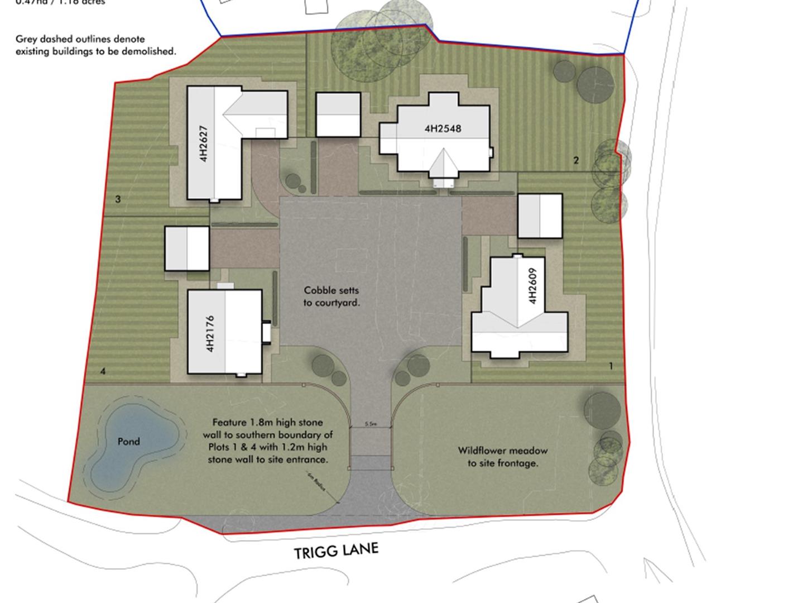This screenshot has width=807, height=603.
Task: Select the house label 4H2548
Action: (443, 128)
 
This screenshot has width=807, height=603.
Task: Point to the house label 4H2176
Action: (210, 334)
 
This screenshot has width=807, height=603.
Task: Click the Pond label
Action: (128, 442)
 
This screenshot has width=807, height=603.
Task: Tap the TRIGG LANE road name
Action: (336, 551)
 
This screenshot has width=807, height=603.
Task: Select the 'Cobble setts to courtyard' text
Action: (332, 296)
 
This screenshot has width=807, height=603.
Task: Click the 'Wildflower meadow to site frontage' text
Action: (502, 457)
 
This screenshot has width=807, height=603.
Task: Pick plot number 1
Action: (611, 366)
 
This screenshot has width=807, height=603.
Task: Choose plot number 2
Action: (576, 161)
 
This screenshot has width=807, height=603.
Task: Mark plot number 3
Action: (118, 199)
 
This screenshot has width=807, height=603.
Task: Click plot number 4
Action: (103, 371)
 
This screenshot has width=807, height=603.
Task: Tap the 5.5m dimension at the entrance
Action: (371, 424)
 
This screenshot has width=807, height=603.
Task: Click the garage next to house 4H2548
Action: (338, 114)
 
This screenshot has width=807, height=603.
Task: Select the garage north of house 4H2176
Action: (187, 248)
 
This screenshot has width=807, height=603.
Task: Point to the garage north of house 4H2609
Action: (540, 216)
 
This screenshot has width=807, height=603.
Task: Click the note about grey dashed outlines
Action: (95, 45)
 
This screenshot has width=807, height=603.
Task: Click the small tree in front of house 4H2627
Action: (292, 180)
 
